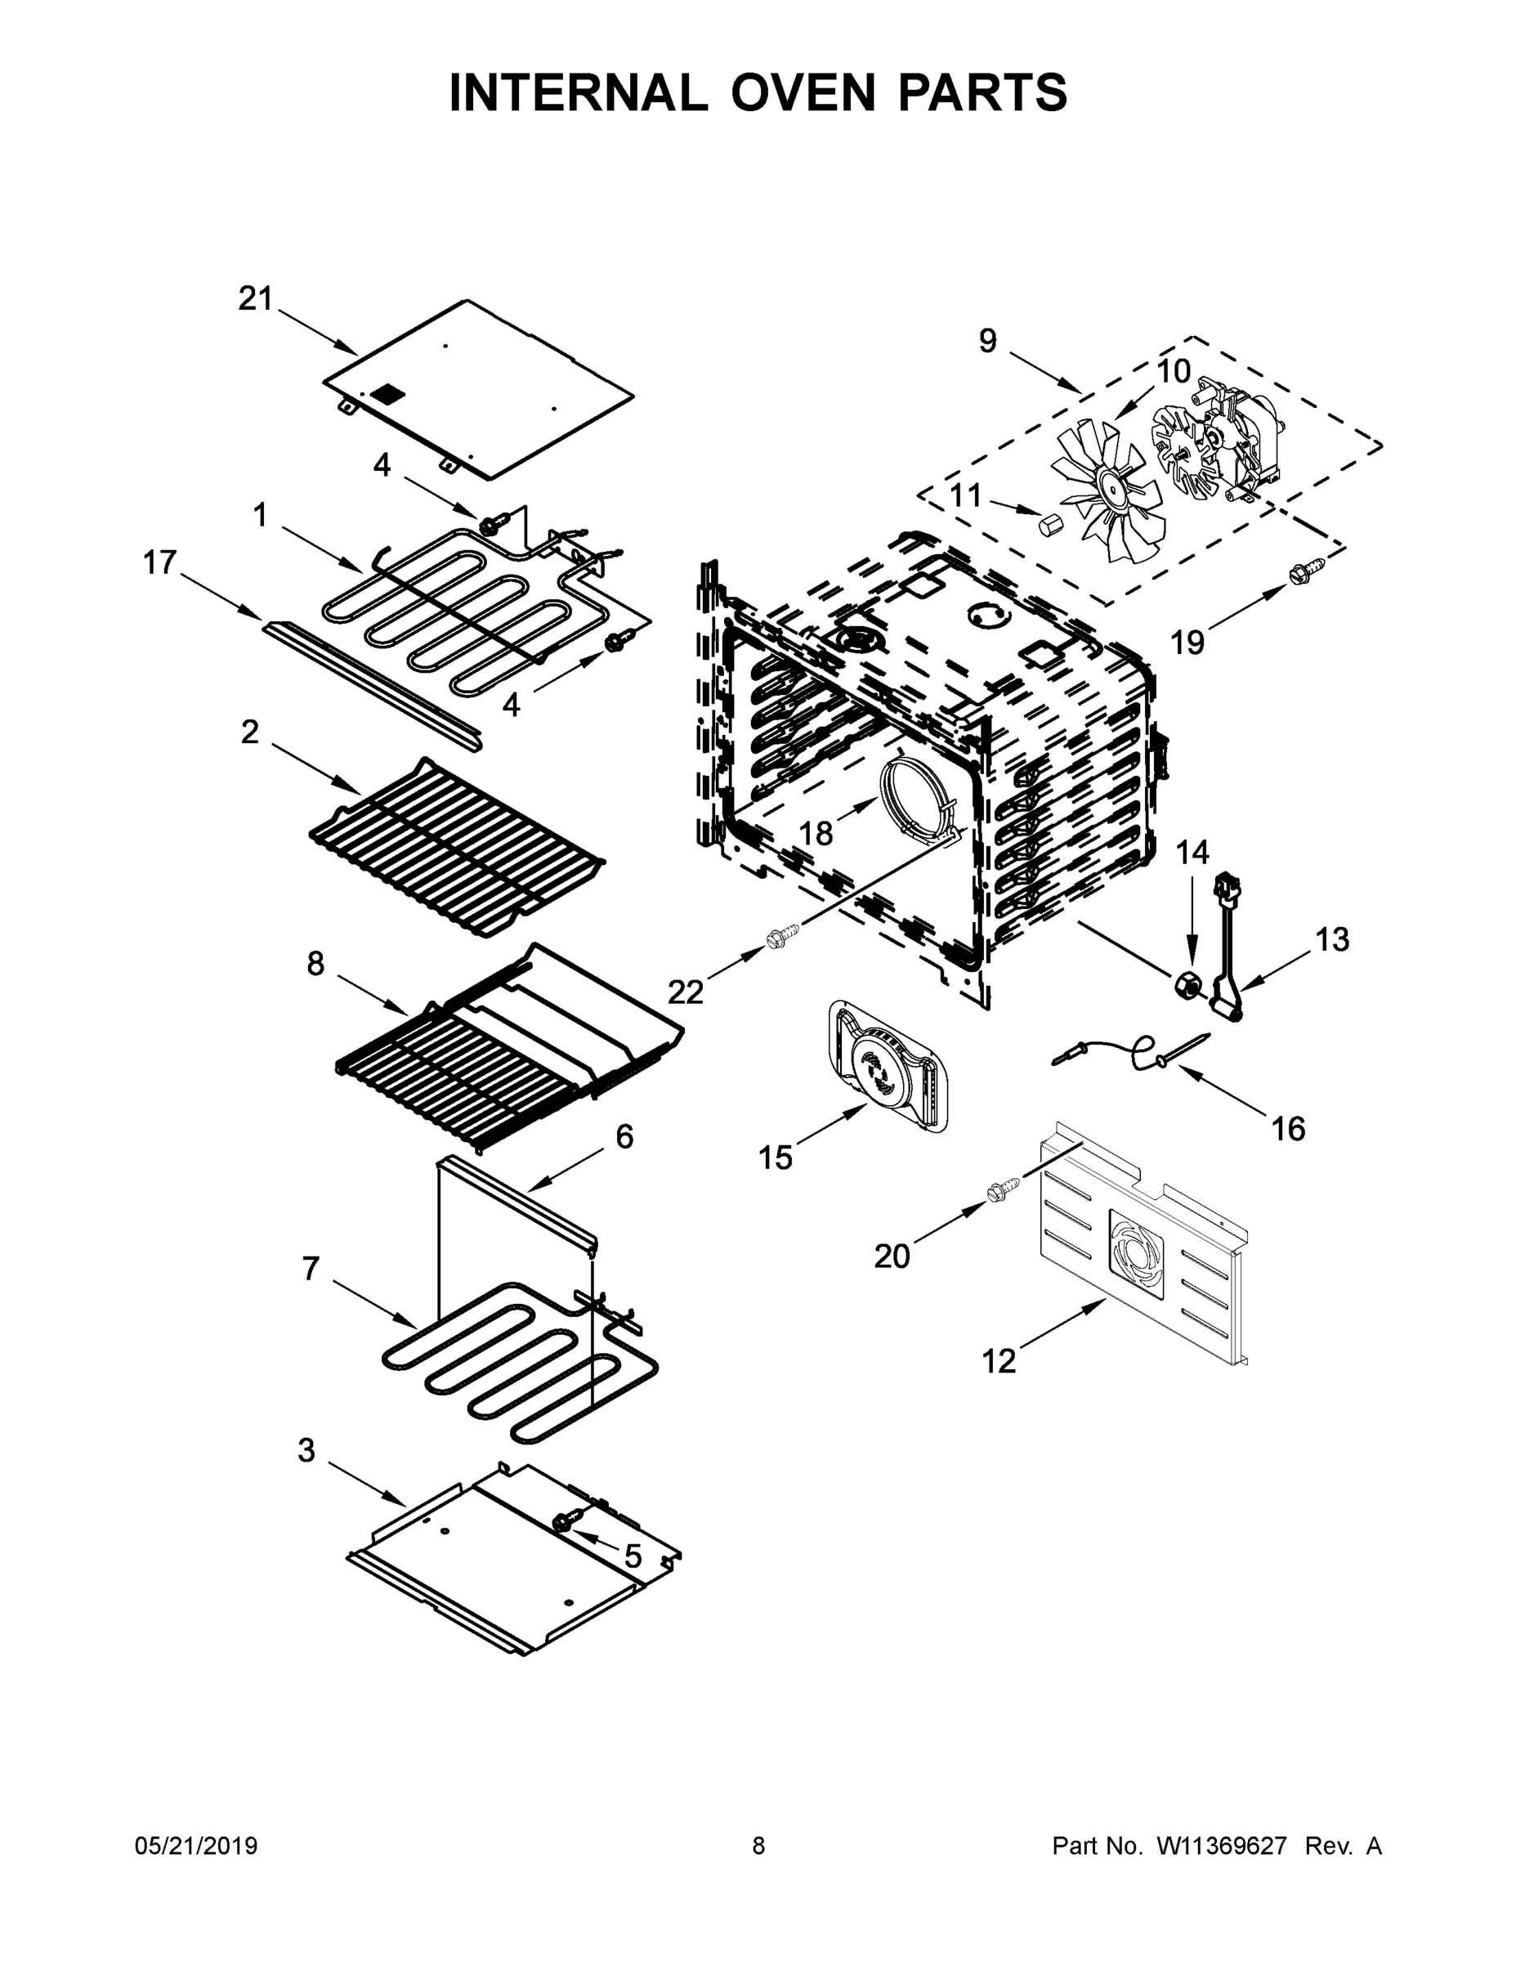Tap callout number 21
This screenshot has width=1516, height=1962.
tap(255, 299)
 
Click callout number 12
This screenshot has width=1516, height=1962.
tap(998, 1362)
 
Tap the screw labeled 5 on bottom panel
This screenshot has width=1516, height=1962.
tap(565, 1520)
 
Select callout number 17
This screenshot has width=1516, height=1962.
tap(160, 563)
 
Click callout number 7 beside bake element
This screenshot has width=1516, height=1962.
tap(310, 1269)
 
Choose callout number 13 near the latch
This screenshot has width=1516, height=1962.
tap(1332, 939)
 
